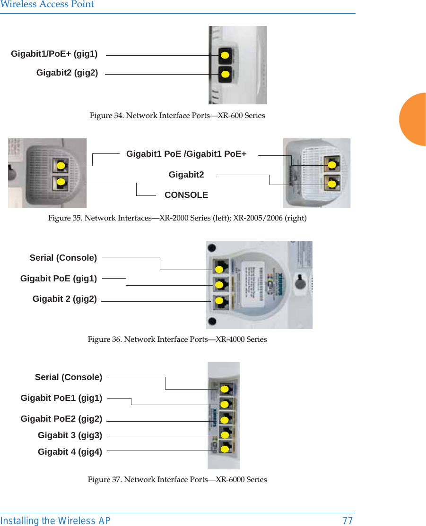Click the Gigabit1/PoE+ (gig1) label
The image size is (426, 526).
click(54, 54)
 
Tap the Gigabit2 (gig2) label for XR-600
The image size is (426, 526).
click(67, 73)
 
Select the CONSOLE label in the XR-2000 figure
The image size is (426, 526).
click(186, 195)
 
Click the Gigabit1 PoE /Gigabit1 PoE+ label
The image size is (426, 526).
click(186, 154)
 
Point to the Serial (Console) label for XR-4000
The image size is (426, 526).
click(63, 258)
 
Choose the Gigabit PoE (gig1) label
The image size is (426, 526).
click(59, 279)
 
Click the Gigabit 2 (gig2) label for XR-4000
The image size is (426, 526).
click(65, 299)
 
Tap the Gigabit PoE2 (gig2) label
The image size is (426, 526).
click(61, 419)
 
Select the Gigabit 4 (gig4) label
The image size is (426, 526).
click(70, 452)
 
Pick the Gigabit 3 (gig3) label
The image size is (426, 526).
click(70, 435)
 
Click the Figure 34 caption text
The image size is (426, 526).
click(177, 116)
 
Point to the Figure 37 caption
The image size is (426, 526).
click(177, 480)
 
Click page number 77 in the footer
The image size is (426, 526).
click(348, 521)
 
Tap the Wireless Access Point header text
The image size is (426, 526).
click(47, 5)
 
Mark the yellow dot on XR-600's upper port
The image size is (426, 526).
click(225, 56)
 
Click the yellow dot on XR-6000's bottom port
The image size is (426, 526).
click(225, 448)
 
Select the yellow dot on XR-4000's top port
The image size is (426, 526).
click(219, 270)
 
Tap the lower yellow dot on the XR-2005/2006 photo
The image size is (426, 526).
click(332, 183)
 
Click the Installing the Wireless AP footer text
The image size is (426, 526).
click(55, 521)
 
